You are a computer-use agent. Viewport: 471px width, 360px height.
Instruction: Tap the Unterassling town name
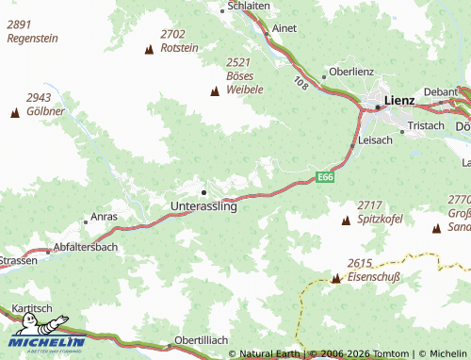(x=203, y=206)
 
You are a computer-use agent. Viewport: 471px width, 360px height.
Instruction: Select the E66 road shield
(x=325, y=176)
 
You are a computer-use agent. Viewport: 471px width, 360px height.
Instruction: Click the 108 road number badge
(x=300, y=83)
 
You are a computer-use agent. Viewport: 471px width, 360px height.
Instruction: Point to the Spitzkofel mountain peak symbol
(x=345, y=221)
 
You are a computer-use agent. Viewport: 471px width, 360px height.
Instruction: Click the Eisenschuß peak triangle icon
(x=335, y=278)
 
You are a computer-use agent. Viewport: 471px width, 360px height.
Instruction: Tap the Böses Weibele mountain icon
(x=215, y=91)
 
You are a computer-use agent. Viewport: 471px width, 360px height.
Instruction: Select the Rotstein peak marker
(x=149, y=49)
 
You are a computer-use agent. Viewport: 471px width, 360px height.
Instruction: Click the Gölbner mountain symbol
(x=14, y=113)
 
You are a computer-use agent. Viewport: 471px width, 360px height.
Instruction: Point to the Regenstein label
(x=32, y=39)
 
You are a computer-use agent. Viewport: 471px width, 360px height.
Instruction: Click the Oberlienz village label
(x=352, y=72)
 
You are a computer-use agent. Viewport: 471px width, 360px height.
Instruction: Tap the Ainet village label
(x=284, y=28)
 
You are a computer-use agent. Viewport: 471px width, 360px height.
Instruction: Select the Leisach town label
(x=376, y=139)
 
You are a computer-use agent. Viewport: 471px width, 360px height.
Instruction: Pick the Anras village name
(x=105, y=217)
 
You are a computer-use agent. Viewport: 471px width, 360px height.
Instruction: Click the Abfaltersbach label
(x=87, y=247)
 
